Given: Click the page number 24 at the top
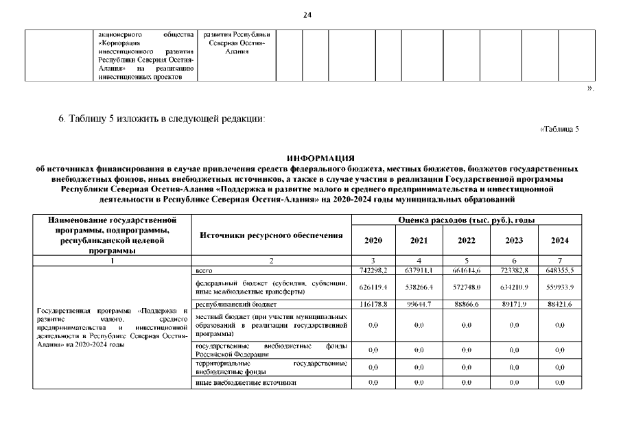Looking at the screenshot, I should (307, 16).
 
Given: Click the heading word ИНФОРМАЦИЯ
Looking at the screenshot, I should (320, 158).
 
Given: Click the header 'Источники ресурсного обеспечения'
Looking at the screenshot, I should (271, 235).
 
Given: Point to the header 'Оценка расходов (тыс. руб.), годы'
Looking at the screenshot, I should (467, 219).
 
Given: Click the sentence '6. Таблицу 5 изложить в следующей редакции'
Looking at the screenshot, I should (161, 120).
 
